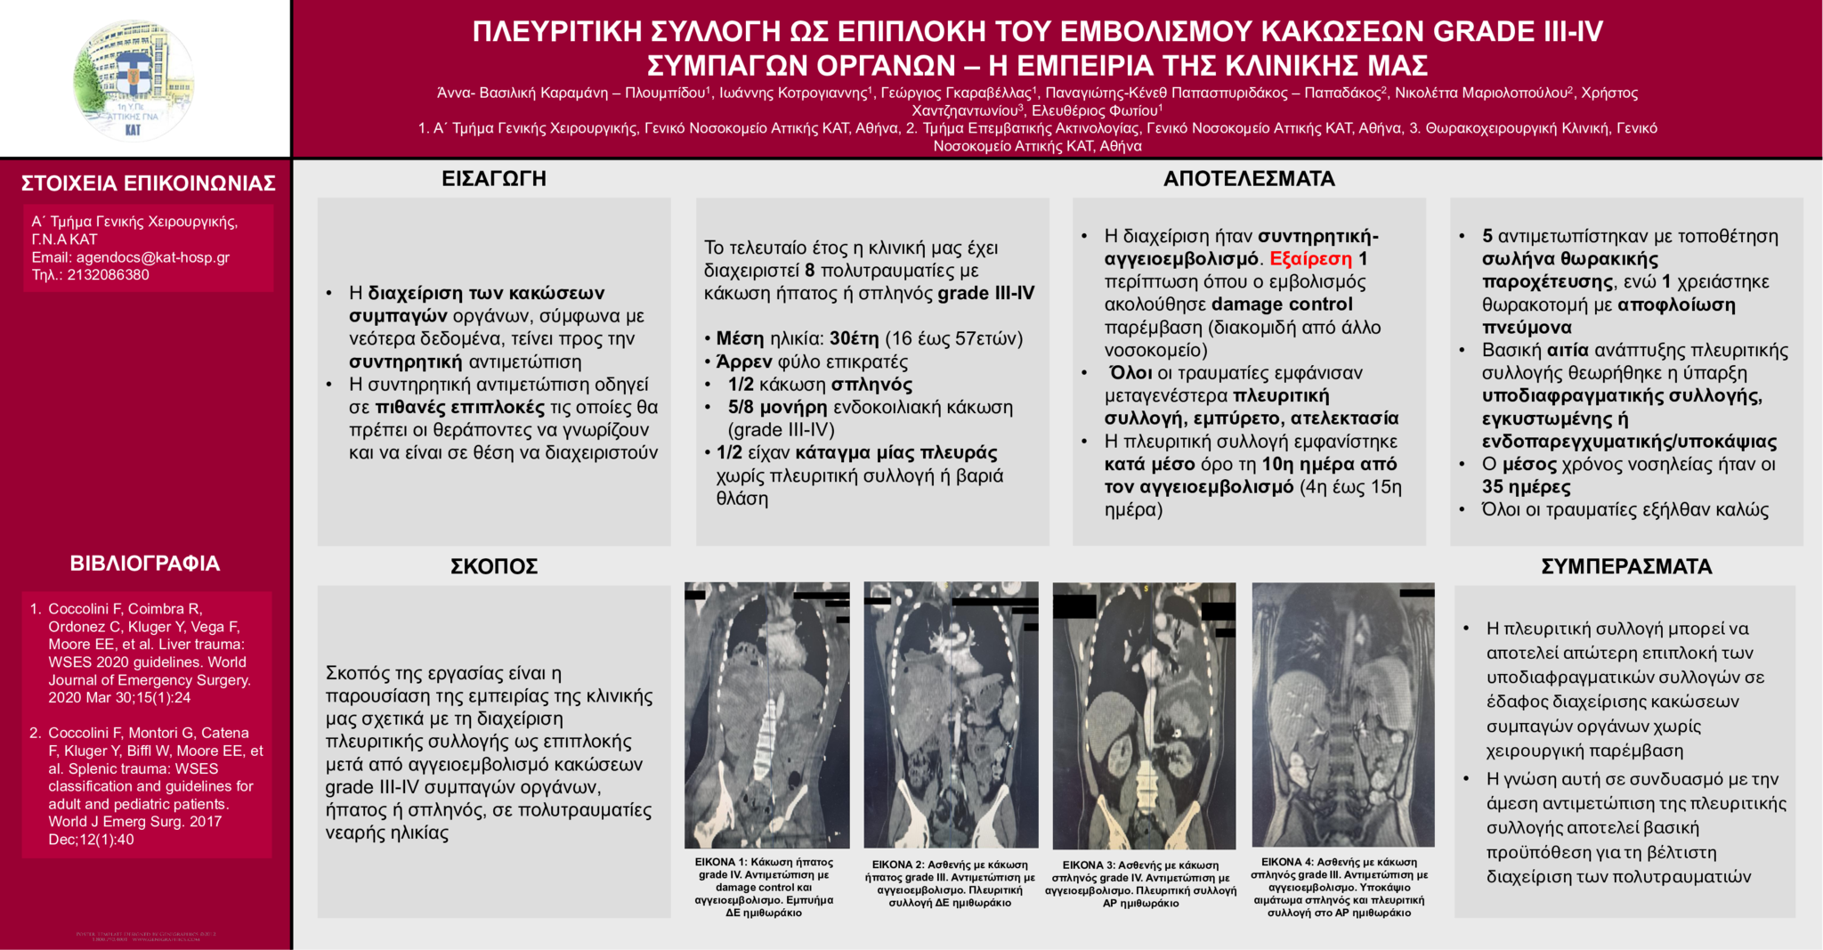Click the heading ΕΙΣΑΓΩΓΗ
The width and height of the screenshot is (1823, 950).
coord(494,178)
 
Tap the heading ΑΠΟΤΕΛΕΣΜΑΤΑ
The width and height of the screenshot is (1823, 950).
coord(1249,179)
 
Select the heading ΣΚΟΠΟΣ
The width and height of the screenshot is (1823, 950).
coord(494,566)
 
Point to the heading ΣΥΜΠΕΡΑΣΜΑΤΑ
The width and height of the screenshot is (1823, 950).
coord(1626,566)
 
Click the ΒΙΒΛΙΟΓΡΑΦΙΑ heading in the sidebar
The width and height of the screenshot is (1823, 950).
coord(145,564)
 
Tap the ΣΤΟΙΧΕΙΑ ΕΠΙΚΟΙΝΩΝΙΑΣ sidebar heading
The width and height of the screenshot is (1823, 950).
coord(148,183)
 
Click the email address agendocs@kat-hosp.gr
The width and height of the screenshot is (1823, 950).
coord(152,257)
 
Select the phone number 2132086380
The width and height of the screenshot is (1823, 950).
coord(108,275)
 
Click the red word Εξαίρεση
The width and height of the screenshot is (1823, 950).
coord(1310,259)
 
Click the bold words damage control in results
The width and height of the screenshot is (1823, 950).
coord(1282,304)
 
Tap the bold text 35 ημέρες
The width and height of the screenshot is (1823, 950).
coord(1526,487)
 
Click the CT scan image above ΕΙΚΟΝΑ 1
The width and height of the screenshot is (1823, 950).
coord(766,715)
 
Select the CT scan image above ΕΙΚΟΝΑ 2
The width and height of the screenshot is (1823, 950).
coord(951,715)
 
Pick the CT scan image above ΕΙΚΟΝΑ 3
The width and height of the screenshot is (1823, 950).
coord(1144,716)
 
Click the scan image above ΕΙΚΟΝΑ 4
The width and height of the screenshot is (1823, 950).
coord(1342,715)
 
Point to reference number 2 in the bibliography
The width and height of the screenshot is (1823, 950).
coord(36,733)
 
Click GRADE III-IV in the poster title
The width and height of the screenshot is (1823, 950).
coord(1518,32)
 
